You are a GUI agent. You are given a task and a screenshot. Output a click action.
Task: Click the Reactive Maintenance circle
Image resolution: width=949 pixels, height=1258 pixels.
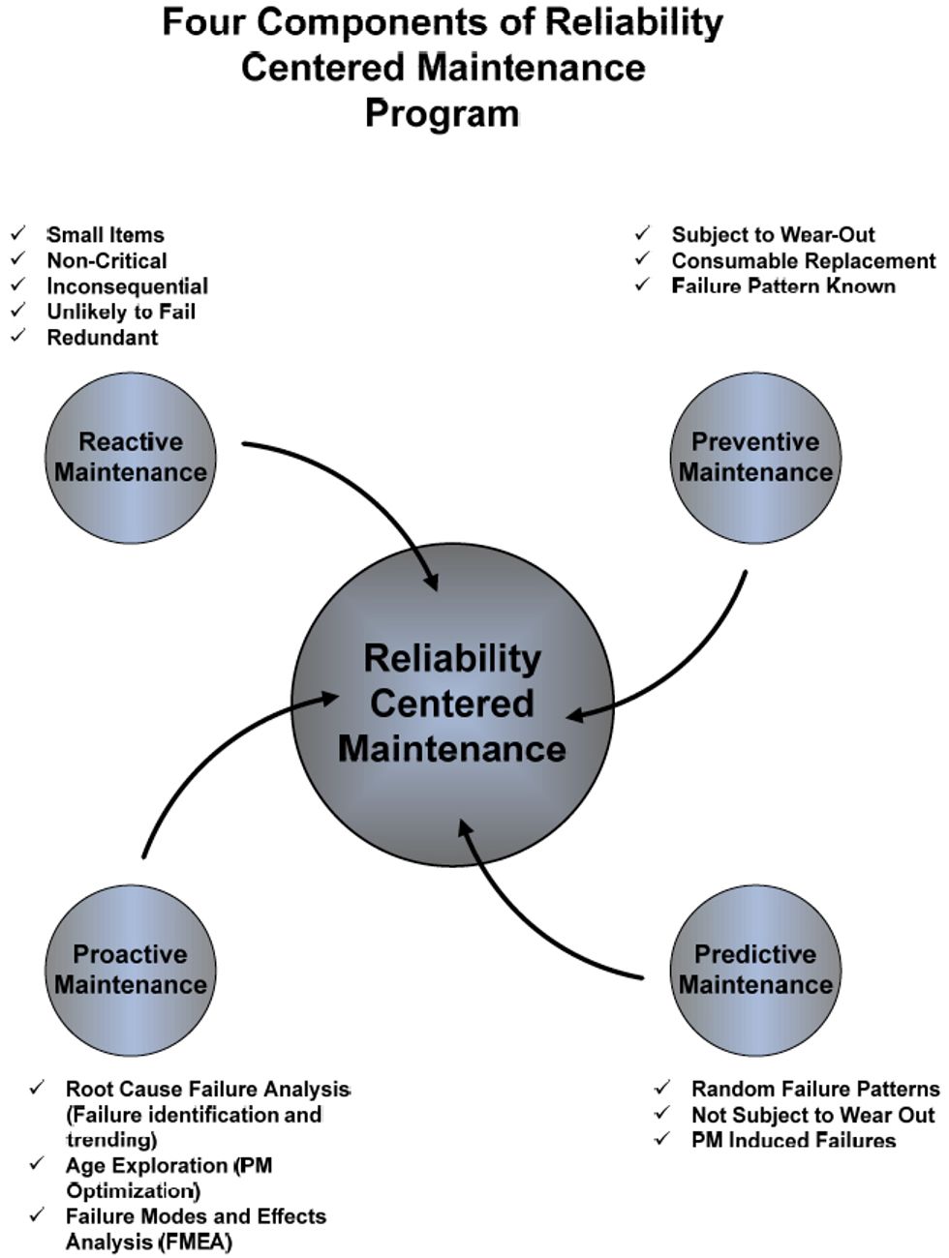point(131,458)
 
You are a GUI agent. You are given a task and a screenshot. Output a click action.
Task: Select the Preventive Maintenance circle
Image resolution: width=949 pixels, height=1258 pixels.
point(755,458)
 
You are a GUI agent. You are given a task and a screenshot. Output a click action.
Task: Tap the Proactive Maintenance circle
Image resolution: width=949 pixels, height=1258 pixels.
point(131,970)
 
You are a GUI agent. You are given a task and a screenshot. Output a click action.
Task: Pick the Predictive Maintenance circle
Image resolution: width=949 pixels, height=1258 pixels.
point(755,970)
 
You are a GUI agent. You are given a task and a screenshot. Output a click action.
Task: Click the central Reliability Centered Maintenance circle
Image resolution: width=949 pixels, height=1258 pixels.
point(452,704)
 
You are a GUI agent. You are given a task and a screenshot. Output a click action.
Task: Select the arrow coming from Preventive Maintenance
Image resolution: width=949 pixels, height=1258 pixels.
point(697,668)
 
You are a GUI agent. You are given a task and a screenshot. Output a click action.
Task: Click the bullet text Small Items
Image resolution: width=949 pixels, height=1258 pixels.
point(106,235)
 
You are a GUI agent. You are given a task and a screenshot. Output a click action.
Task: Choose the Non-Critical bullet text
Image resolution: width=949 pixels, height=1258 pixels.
point(107,261)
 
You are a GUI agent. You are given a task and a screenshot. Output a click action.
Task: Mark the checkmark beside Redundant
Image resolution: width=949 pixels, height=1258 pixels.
point(17,337)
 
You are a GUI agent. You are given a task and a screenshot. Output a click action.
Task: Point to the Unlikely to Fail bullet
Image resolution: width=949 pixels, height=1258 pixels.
point(121,312)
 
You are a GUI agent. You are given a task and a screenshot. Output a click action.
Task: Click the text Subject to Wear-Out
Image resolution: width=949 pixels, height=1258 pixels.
point(773,235)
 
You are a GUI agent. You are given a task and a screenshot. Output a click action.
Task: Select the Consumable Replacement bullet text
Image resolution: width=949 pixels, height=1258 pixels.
point(804,261)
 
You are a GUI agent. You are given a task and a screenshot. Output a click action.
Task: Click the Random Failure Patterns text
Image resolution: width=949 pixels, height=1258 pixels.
point(815,1090)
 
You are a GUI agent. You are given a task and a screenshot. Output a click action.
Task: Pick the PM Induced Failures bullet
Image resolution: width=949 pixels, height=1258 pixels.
point(793,1140)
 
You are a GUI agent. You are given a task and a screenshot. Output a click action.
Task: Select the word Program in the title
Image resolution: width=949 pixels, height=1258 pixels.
point(443,113)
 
